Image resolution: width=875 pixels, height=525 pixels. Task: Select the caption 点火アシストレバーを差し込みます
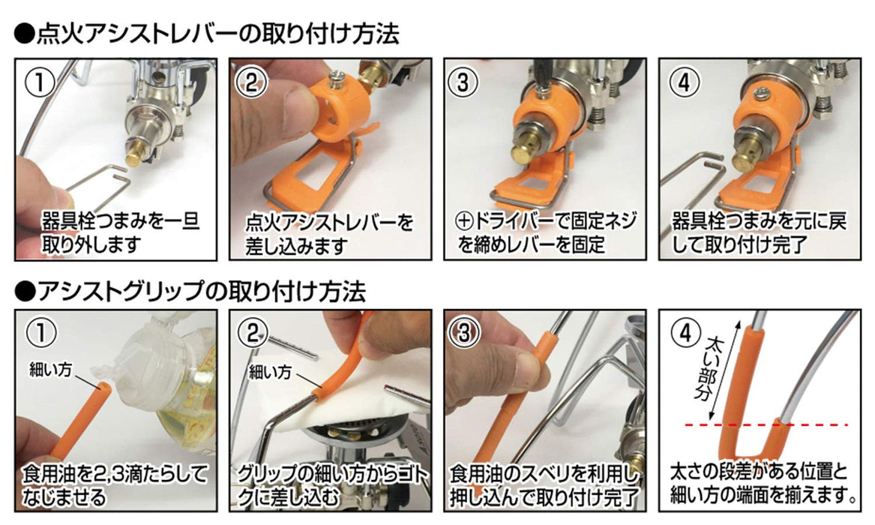(x=329, y=233)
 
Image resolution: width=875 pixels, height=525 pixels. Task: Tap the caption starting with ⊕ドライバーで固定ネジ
(x=546, y=233)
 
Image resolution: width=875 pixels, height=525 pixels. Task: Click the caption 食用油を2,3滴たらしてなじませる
(x=112, y=485)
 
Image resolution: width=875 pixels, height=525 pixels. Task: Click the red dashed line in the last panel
(x=772, y=424)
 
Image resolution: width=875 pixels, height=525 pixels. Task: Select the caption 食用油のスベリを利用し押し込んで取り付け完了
(x=546, y=485)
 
